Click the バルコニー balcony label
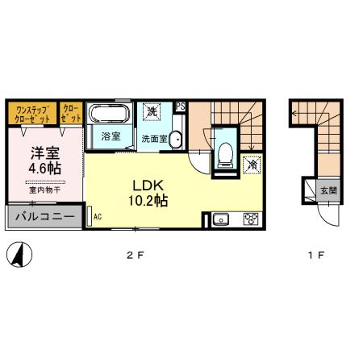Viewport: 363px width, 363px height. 45,216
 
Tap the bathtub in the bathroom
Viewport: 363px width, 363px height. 108,112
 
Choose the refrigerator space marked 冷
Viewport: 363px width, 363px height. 252,164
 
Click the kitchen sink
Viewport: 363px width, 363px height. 222,219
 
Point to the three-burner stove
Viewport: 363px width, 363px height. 250,219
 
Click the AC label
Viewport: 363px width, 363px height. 98,217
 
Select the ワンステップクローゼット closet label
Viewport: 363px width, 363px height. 31,113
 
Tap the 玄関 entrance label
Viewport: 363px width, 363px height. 328,191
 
